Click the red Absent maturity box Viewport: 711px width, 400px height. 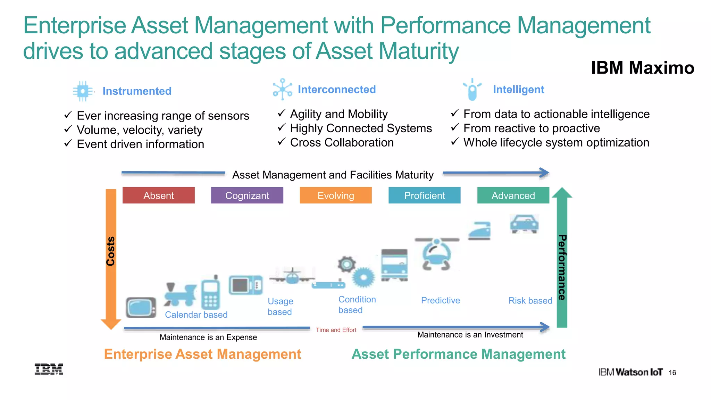pos(158,195)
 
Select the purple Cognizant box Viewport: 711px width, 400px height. pos(247,195)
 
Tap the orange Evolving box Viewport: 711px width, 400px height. pos(335,195)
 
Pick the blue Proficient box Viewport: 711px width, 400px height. pos(424,195)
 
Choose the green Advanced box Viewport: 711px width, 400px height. pos(513,195)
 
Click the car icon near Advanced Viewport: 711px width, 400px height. pos(524,224)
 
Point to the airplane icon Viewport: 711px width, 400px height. pos(292,276)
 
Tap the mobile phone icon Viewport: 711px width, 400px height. pos(211,293)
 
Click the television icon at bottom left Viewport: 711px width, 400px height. pos(141,307)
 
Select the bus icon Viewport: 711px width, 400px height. pos(394,265)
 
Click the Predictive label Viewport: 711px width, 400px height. pos(440,300)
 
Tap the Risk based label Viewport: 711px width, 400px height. pos(530,301)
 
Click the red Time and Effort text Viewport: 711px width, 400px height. pos(336,330)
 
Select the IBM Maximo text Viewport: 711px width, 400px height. pos(643,68)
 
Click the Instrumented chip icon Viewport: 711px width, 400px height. pos(83,91)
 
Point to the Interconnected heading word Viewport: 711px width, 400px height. pos(337,90)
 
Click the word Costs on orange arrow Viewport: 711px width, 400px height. pos(110,251)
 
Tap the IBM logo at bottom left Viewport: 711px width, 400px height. pos(49,369)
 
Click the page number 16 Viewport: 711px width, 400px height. pos(672,373)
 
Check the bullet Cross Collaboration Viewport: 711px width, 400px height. pos(342,142)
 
